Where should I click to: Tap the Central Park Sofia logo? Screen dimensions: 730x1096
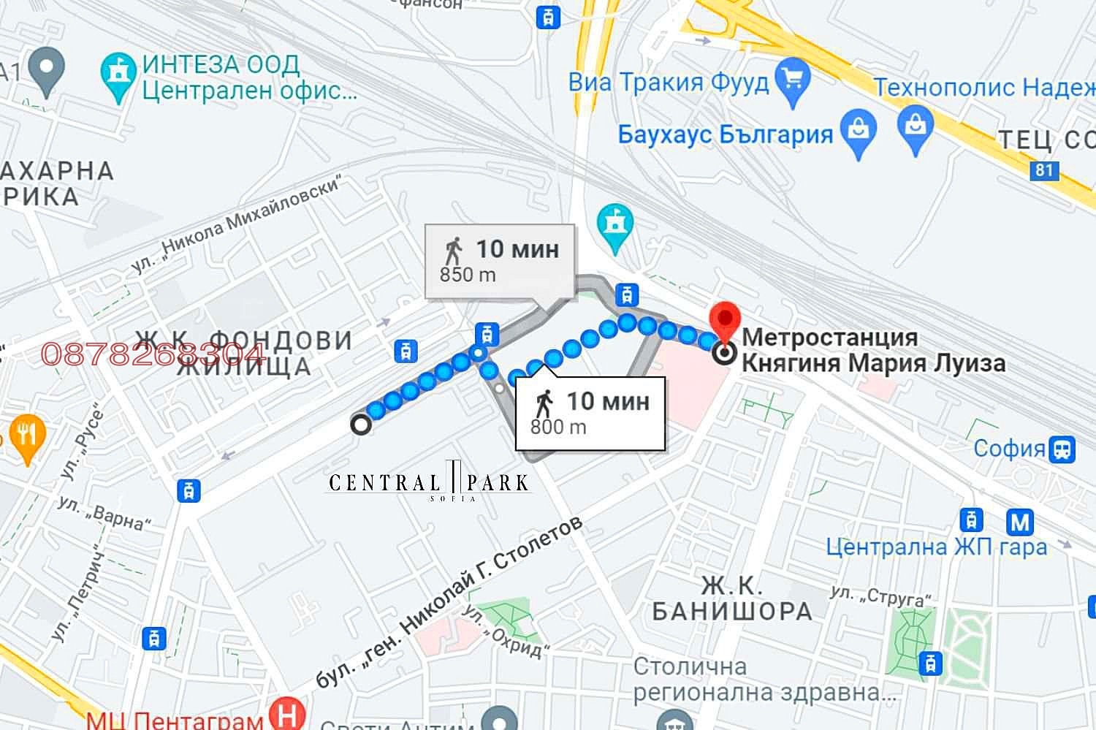tap(429, 483)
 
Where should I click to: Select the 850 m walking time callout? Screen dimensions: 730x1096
tap(500, 261)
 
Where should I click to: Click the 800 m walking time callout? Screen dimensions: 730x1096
tap(590, 413)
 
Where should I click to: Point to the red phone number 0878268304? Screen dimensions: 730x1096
tap(153, 354)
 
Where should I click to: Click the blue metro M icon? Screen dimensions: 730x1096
tap(1019, 522)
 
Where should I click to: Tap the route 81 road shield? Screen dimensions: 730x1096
tap(1044, 171)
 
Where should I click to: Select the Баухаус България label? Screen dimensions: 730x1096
tap(725, 134)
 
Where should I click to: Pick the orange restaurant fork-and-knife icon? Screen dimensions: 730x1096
tap(26, 436)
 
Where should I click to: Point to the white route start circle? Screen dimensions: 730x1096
tap(360, 425)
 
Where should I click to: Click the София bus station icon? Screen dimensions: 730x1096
tap(1062, 449)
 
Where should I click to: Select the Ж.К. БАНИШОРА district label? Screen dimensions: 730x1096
tap(731, 598)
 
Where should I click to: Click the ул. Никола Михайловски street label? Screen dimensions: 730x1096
tap(237, 226)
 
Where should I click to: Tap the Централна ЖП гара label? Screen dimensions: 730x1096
tap(936, 546)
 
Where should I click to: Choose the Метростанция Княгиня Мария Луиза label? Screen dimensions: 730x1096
tap(873, 350)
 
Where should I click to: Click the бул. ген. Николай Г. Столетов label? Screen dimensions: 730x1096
tap(450, 602)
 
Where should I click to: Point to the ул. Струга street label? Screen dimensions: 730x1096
tap(882, 597)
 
